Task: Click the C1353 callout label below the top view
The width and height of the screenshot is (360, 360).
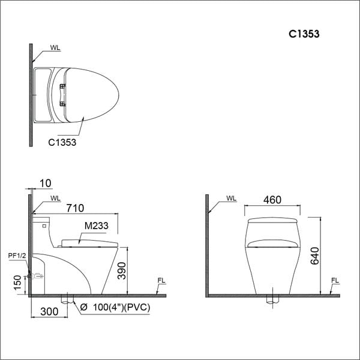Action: click(63, 143)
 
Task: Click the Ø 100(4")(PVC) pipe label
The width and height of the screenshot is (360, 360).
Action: click(116, 308)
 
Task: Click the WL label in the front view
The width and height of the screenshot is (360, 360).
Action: click(232, 199)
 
